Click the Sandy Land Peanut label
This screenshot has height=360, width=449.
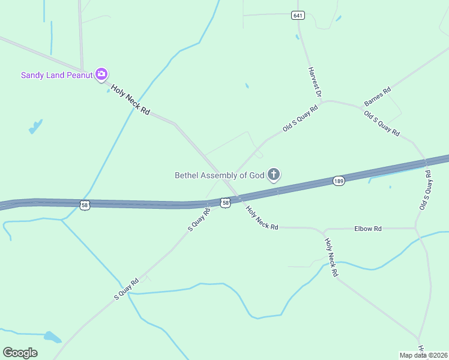pyautogui.click(x=57, y=75)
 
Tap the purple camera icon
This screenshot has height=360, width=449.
pyautogui.click(x=101, y=74)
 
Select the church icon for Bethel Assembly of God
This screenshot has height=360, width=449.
pyautogui.click(x=274, y=175)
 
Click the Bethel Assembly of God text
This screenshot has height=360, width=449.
pyautogui.click(x=219, y=176)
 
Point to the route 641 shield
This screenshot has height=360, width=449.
pyautogui.click(x=298, y=15)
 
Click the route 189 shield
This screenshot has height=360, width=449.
pyautogui.click(x=339, y=181)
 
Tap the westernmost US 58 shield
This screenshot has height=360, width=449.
pyautogui.click(x=85, y=205)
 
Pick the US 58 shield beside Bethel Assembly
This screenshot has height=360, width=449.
pyautogui.click(x=225, y=203)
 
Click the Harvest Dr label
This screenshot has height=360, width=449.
pyautogui.click(x=315, y=82)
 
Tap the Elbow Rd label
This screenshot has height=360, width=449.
pyautogui.click(x=368, y=229)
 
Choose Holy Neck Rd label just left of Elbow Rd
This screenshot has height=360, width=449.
pyautogui.click(x=262, y=218)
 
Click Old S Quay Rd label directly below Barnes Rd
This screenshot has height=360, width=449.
pyautogui.click(x=382, y=123)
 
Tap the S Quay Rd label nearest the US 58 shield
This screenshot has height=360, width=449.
pyautogui.click(x=199, y=220)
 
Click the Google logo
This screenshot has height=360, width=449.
pyautogui.click(x=20, y=353)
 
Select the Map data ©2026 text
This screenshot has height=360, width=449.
pyautogui.click(x=424, y=355)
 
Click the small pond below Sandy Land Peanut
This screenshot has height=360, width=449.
pyautogui.click(x=35, y=127)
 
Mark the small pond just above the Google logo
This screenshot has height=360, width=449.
pyautogui.click(x=53, y=337)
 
